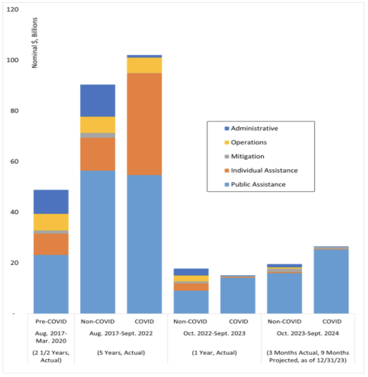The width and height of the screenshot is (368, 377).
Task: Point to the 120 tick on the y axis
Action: pyautogui.click(x=13, y=10)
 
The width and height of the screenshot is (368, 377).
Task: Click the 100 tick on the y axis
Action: pyautogui.click(x=13, y=60)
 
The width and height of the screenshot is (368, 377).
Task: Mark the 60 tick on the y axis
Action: pyautogui.click(x=14, y=161)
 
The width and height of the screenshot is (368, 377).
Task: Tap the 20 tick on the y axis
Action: pyautogui.click(x=14, y=263)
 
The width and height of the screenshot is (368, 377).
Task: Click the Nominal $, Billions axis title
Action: pyautogui.click(x=35, y=43)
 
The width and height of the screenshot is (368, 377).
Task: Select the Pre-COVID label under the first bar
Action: pyautogui.click(x=51, y=322)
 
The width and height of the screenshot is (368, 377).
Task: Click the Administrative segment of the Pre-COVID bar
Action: pyautogui.click(x=51, y=202)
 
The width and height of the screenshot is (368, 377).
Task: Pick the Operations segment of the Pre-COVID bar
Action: pyautogui.click(x=51, y=222)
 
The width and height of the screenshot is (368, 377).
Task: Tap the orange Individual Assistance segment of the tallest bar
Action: pyautogui.click(x=144, y=124)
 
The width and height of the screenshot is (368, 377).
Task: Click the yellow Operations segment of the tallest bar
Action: pyautogui.click(x=144, y=65)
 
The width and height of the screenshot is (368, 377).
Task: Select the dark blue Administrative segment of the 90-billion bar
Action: pyautogui.click(x=98, y=101)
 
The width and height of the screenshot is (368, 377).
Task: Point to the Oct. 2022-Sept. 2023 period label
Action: pyautogui.click(x=214, y=333)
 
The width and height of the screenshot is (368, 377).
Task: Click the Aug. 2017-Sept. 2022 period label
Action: pyautogui.click(x=121, y=333)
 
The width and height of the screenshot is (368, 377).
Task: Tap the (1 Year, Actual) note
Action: pyautogui.click(x=214, y=353)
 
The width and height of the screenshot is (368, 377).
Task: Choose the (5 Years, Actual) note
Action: pyautogui.click(x=121, y=353)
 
